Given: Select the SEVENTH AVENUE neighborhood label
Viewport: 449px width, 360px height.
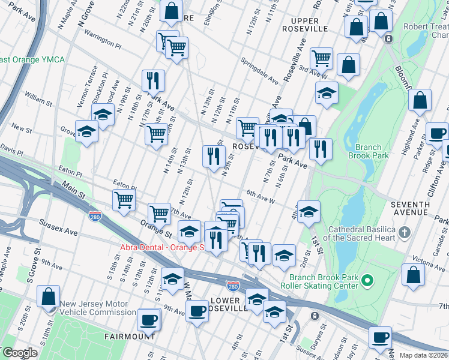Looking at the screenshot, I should (418, 209).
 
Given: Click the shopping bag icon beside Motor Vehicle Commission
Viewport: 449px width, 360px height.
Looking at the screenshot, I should (48, 298).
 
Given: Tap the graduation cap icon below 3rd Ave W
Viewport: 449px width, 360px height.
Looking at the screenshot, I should (327, 94).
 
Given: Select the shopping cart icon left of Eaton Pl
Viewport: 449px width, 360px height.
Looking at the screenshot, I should (124, 200).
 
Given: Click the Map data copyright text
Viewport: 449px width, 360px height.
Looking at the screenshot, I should (424, 355).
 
